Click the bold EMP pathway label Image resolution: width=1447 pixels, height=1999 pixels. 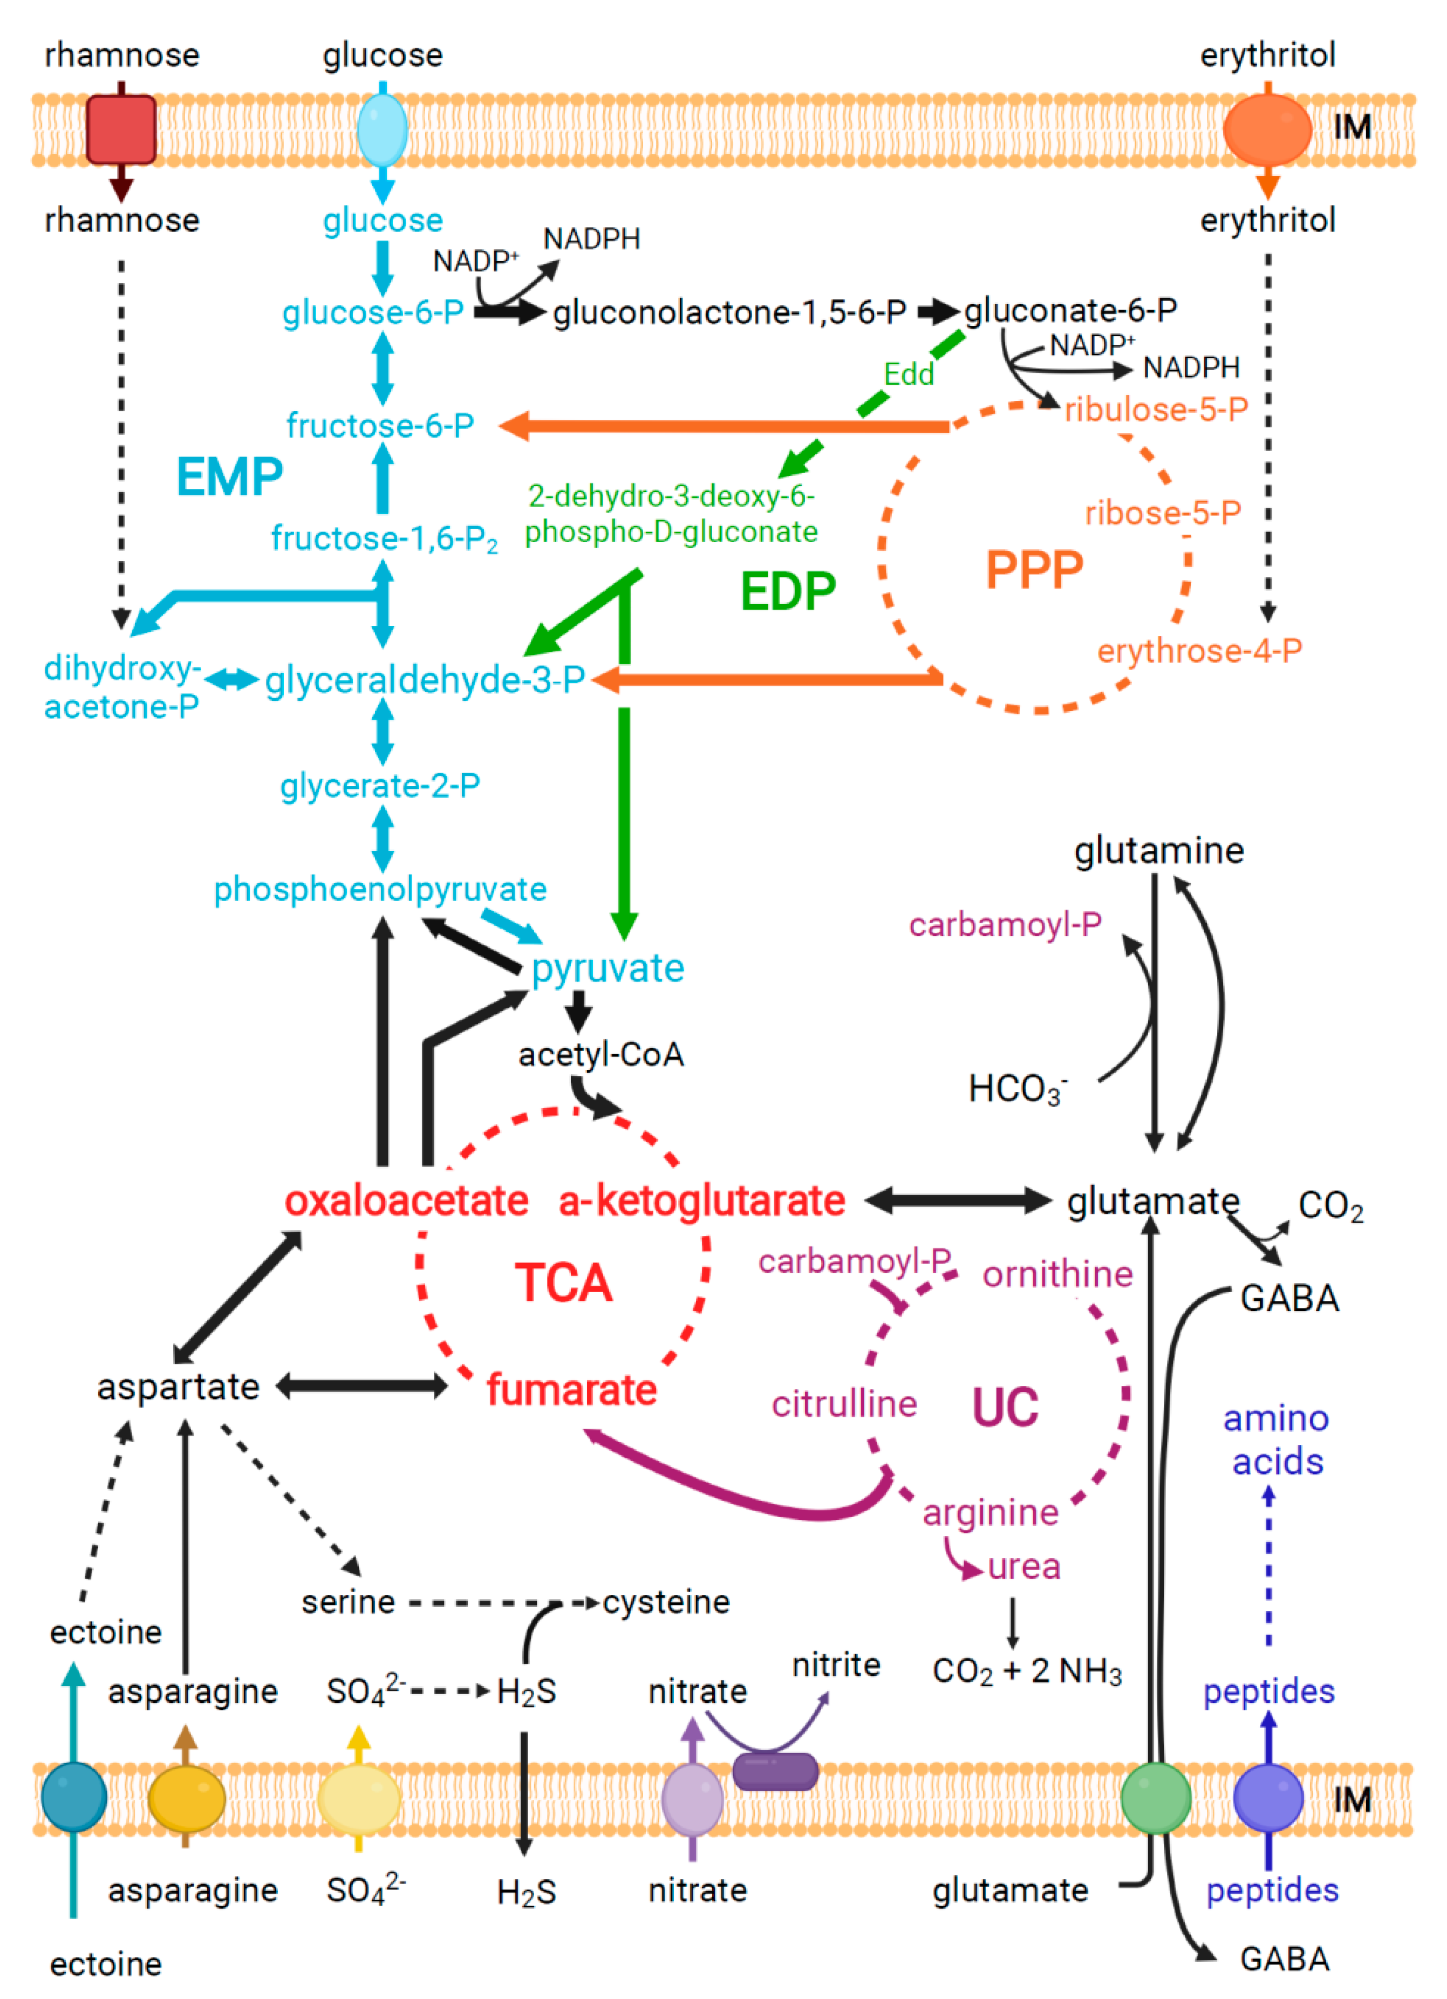coord(230,477)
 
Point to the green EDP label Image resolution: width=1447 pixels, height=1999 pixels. coord(788,591)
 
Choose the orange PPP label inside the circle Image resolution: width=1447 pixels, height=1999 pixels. coord(1034,570)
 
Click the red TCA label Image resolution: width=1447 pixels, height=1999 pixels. coord(563,1282)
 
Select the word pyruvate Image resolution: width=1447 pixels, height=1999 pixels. coord(608,968)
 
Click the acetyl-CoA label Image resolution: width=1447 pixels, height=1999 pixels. coord(601,1054)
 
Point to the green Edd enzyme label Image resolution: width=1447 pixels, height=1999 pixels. coord(909,374)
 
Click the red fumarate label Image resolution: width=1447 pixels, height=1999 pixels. coord(572,1390)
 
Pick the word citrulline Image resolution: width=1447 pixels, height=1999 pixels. coord(844,1404)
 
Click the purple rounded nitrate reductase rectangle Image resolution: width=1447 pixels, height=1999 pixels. coord(775,1772)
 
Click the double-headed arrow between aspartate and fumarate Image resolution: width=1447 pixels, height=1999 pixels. coord(362,1387)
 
